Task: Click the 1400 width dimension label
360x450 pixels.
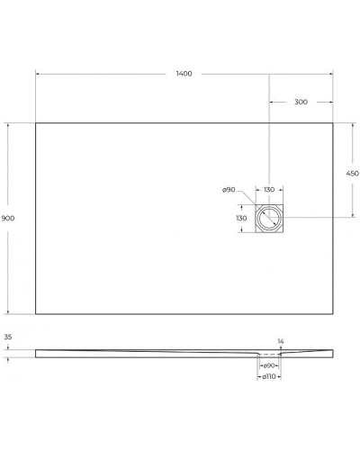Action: coord(184,73)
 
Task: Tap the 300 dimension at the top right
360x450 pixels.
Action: coord(301,102)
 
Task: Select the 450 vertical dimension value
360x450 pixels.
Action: coord(352,173)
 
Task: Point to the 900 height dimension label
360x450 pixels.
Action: coord(8,219)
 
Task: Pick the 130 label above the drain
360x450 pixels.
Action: coord(269,190)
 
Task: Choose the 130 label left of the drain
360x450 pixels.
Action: coord(241,219)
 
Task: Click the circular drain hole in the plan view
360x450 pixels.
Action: coord(269,219)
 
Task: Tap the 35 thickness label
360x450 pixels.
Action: coord(8,337)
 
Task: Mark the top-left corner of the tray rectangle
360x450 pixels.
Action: coord(36,123)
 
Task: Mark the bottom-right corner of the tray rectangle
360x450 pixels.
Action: coord(333,314)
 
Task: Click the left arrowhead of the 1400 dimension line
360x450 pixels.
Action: coord(38,73)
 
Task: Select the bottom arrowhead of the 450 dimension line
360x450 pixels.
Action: coord(351,217)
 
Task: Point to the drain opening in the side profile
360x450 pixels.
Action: coord(269,355)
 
